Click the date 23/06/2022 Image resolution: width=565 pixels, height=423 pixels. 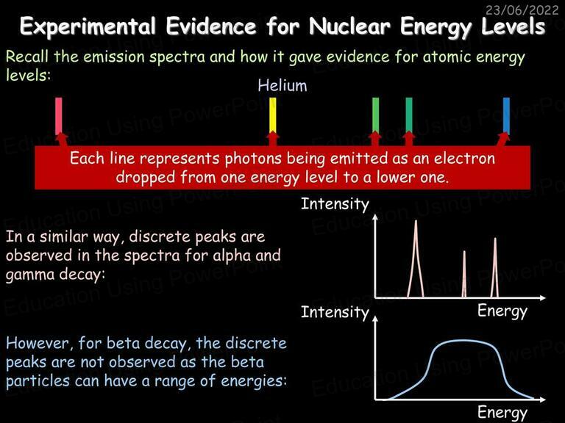[x=522, y=10]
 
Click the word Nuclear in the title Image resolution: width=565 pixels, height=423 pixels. [x=349, y=26]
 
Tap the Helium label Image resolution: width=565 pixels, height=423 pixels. [x=282, y=86]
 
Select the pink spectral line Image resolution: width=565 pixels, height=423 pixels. [x=58, y=116]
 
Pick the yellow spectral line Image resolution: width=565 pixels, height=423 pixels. [x=273, y=115]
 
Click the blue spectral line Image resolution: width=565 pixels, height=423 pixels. [x=506, y=116]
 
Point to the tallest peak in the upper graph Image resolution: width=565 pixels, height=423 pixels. [x=416, y=259]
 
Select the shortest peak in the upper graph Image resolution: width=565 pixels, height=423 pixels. [x=464, y=274]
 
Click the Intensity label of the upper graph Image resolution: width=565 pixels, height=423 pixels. [x=335, y=204]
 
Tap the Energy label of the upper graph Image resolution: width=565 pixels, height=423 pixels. [x=502, y=311]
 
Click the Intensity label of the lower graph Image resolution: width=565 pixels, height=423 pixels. [x=335, y=312]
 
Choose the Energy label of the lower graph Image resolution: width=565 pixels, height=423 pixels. [x=502, y=412]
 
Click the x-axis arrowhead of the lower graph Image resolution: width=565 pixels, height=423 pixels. [x=542, y=399]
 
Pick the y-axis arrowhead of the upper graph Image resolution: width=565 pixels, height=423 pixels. [x=375, y=217]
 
